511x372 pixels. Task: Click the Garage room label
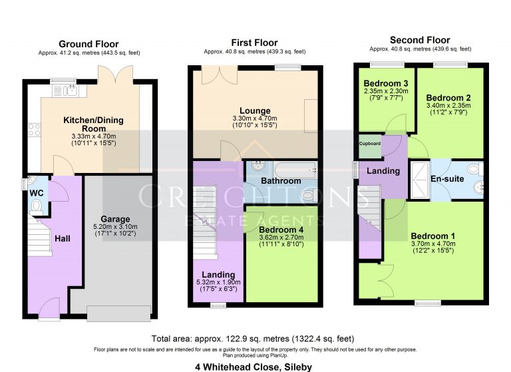[114, 219]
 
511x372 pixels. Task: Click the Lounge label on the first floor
[255, 111]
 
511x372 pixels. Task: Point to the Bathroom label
[280, 181]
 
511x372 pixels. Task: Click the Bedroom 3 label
[386, 83]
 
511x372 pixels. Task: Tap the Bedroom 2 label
[448, 96]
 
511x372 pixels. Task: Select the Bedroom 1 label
[433, 236]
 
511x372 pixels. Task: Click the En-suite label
[446, 179]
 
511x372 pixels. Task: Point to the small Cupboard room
[369, 145]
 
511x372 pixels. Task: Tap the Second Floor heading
[420, 41]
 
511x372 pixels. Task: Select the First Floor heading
[254, 43]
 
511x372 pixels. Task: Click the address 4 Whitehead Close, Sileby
[254, 366]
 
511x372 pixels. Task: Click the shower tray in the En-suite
[420, 179]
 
